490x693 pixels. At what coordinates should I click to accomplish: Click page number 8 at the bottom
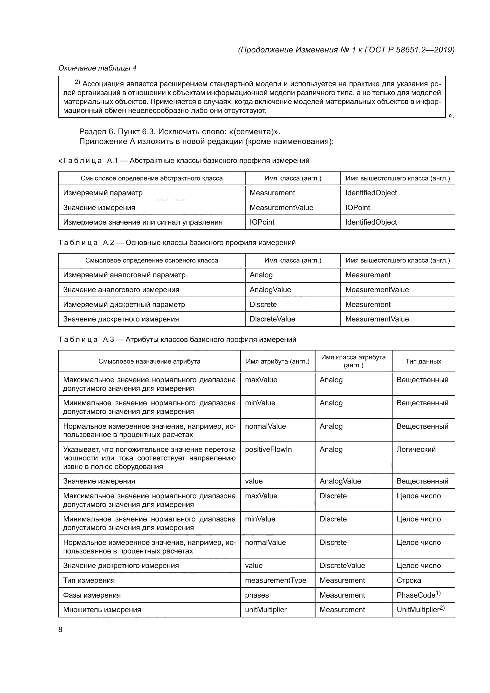60,629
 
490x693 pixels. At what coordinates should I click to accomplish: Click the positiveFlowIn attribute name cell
268,449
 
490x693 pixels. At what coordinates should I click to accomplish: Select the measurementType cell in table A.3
275,580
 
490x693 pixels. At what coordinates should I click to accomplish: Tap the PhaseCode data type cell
418,595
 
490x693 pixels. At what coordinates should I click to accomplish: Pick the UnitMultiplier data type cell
420,609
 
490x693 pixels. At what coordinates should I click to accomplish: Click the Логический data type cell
416,449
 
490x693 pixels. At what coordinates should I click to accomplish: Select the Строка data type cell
409,580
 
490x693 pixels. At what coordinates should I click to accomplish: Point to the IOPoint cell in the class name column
262,222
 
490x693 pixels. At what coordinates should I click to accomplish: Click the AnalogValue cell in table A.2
270,290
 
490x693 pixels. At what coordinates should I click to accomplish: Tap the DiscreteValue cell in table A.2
272,319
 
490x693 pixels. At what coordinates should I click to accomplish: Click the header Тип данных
423,361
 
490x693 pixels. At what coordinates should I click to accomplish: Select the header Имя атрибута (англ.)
278,361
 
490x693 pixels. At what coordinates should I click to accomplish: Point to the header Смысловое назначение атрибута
149,361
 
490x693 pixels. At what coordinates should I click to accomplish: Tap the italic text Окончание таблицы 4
97,68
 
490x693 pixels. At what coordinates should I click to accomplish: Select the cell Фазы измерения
92,595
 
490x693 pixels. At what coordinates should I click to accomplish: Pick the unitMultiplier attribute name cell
265,609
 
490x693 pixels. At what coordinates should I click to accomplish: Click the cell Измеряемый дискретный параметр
124,304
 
